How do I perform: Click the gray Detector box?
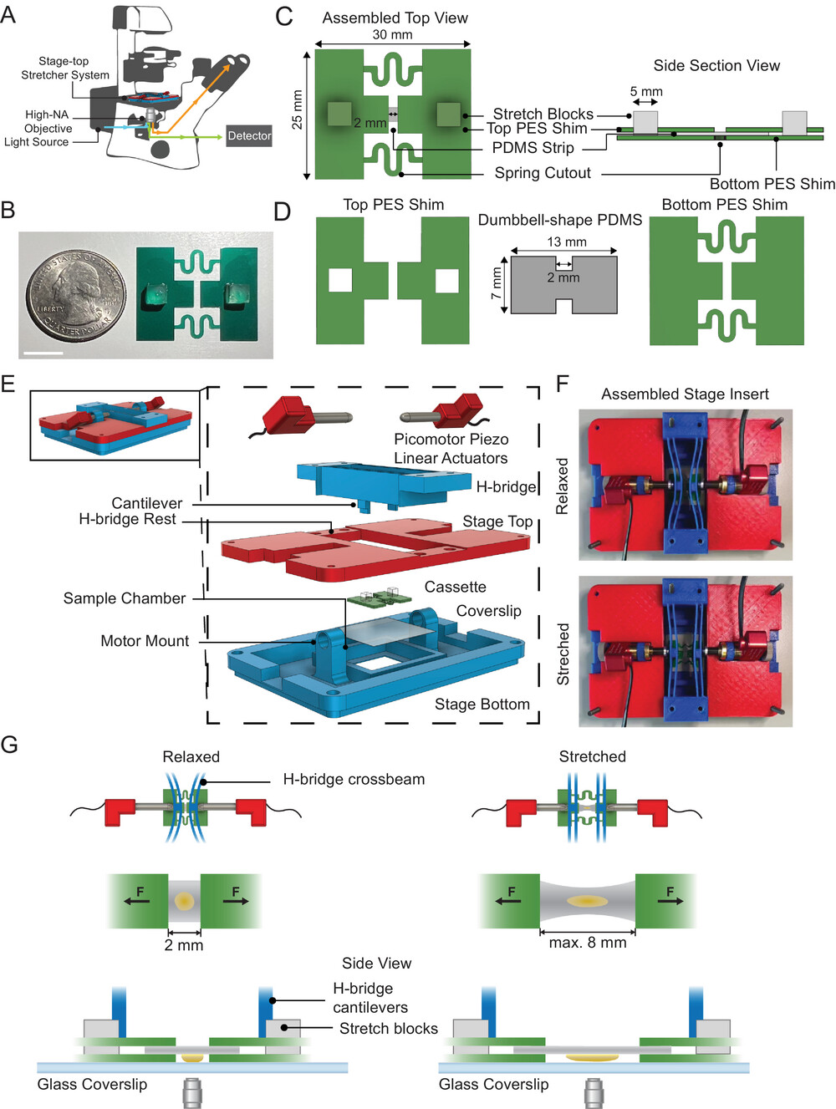pyautogui.click(x=249, y=135)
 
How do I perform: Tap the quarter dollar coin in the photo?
pyautogui.click(x=74, y=295)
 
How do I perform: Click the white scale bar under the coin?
pyautogui.click(x=44, y=353)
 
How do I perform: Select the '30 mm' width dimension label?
pyautogui.click(x=392, y=34)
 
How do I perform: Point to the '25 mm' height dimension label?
pyautogui.click(x=297, y=109)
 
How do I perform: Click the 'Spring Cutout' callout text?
pyautogui.click(x=543, y=173)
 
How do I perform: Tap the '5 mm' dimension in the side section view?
pyautogui.click(x=646, y=91)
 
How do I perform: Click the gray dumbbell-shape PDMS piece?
pyautogui.click(x=563, y=285)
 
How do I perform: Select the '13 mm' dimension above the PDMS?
pyautogui.click(x=567, y=242)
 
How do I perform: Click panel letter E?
pyautogui.click(x=8, y=384)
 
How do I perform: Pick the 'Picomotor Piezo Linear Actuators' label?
pyautogui.click(x=451, y=449)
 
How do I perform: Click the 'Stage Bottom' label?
pyautogui.click(x=482, y=705)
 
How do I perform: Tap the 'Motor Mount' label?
pyautogui.click(x=145, y=641)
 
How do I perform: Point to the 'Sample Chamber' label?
pyautogui.click(x=125, y=598)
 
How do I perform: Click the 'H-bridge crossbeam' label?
pyautogui.click(x=354, y=779)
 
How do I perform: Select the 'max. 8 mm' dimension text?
pyautogui.click(x=587, y=943)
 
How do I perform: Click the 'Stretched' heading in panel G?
pyautogui.click(x=592, y=756)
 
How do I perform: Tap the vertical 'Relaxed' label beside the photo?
pyautogui.click(x=563, y=486)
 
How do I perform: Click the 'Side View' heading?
pyautogui.click(x=376, y=964)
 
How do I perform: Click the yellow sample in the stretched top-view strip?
pyautogui.click(x=587, y=902)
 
